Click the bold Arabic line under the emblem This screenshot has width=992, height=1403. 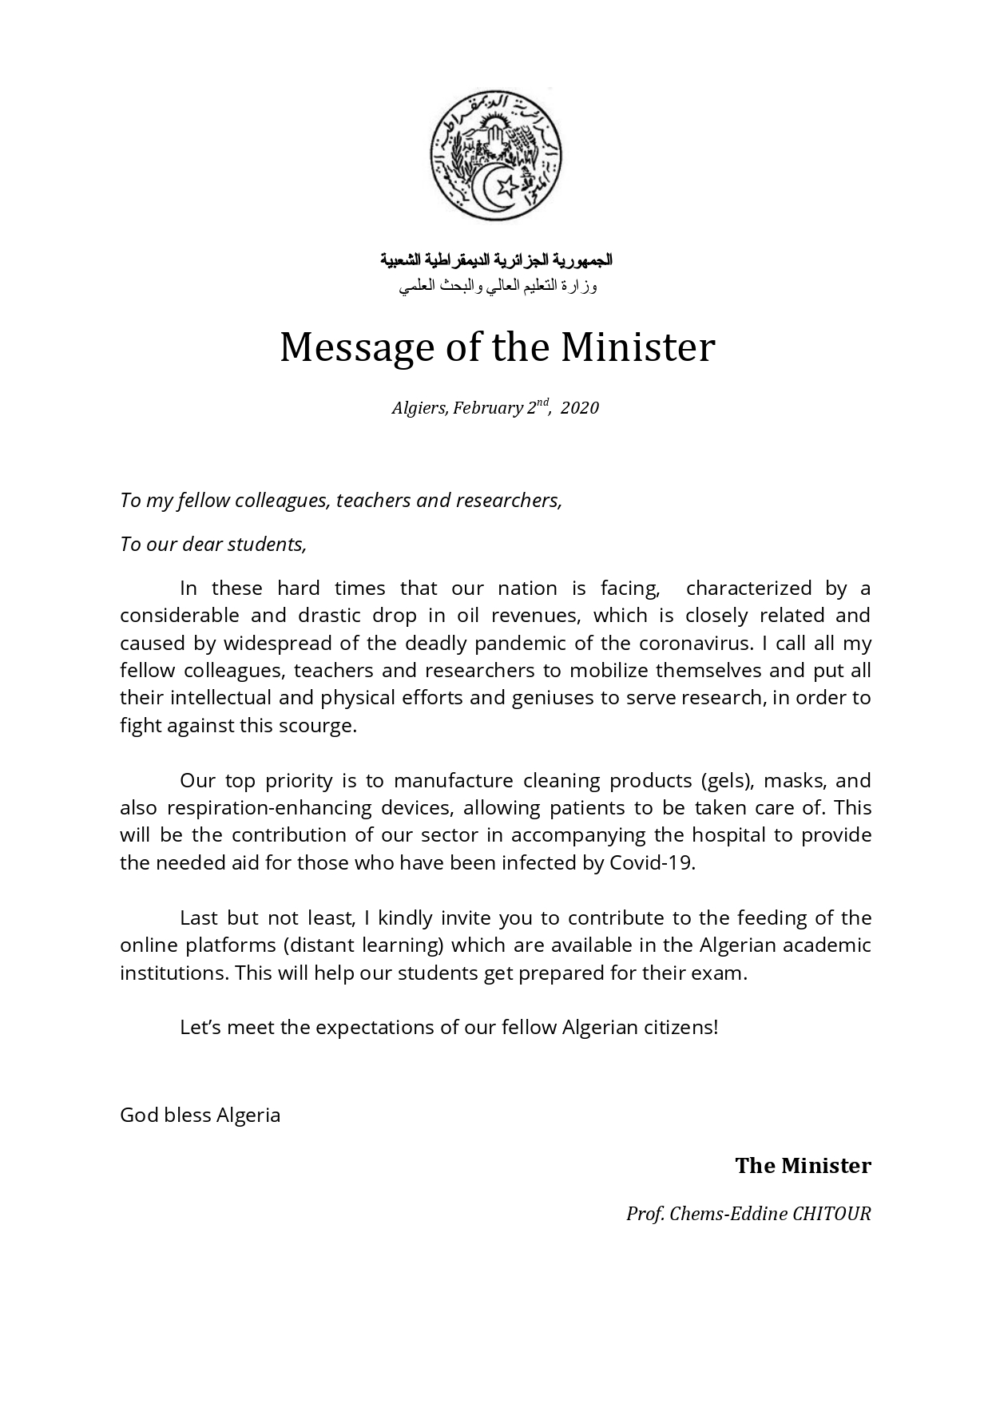click(x=496, y=260)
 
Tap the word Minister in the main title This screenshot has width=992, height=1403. click(x=637, y=347)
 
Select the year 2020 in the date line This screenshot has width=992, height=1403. click(x=579, y=408)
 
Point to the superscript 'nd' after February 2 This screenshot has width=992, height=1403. click(x=542, y=402)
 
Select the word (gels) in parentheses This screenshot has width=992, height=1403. click(x=728, y=780)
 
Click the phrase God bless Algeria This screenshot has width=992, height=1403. click(x=200, y=1115)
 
